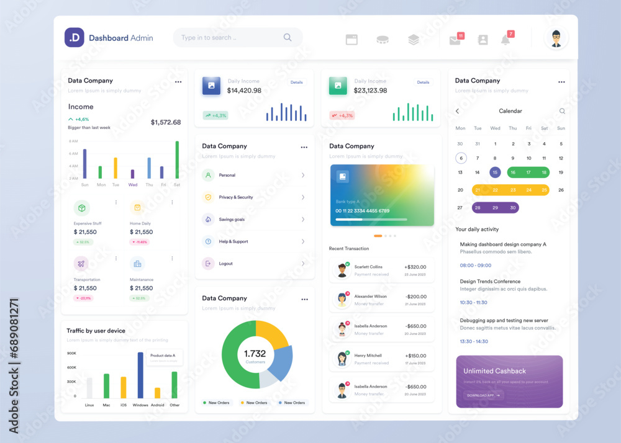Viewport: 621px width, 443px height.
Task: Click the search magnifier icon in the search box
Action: point(288,37)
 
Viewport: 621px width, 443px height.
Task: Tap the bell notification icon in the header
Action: point(505,40)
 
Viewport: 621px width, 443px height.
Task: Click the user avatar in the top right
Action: point(556,38)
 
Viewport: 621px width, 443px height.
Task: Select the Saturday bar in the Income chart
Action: point(177,160)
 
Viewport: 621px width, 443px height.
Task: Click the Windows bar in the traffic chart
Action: point(140,375)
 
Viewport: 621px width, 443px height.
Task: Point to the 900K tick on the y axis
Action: point(71,353)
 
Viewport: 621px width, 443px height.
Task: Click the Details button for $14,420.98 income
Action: point(297,82)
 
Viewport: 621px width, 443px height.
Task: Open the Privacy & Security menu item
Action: point(236,197)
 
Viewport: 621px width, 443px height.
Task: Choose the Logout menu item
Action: point(225,264)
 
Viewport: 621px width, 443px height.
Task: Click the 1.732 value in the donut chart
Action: point(255,354)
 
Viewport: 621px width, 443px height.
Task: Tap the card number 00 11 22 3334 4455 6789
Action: point(363,211)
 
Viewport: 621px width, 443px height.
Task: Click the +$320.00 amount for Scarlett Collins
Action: point(415,267)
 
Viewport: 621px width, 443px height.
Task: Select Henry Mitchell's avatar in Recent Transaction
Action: point(342,359)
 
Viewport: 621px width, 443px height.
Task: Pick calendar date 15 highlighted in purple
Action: point(495,172)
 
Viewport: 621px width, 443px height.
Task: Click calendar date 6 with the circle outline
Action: point(460,158)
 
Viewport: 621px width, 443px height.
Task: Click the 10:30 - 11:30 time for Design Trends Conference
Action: point(473,302)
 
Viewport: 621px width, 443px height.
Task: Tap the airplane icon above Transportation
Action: point(81,264)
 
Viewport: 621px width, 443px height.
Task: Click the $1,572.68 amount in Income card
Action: point(166,122)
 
